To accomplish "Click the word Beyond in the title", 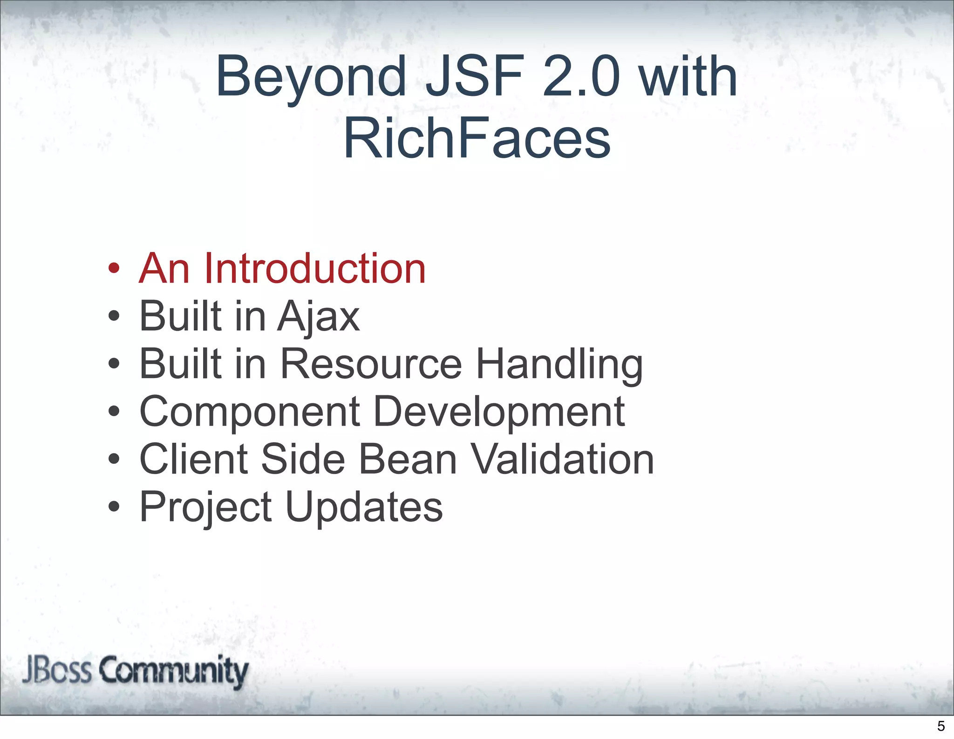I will (x=311, y=78).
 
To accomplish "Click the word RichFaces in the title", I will (x=477, y=138).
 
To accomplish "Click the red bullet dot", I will (x=114, y=269).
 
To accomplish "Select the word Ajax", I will (x=319, y=317).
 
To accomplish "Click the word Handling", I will (x=559, y=365).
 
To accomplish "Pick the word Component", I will (x=250, y=412).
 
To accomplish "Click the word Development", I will (x=499, y=412).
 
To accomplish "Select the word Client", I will (x=194, y=459).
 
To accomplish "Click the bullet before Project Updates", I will (x=114, y=506).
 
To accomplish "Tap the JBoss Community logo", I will (x=135, y=671).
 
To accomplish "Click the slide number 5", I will (x=940, y=726).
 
